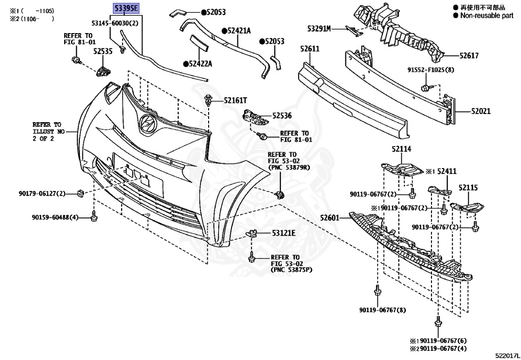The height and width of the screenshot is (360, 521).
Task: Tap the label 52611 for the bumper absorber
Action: click(309, 48)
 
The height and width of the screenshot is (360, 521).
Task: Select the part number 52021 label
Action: click(481, 110)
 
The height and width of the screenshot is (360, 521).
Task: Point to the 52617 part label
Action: click(469, 56)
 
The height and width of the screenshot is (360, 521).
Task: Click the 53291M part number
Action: click(319, 29)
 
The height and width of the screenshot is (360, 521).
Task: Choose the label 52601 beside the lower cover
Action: click(329, 218)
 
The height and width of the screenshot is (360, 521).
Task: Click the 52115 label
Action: click(468, 188)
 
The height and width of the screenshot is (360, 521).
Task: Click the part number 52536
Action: click(282, 116)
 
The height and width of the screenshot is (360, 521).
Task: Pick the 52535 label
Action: click(102, 51)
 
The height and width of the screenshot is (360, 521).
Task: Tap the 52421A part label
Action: click(239, 31)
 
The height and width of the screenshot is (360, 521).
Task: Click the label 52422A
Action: click(200, 64)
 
